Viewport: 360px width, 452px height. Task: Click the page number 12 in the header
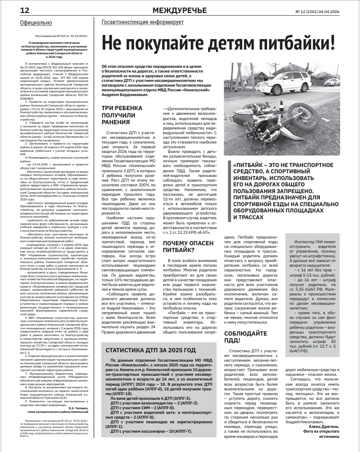[10, 10]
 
